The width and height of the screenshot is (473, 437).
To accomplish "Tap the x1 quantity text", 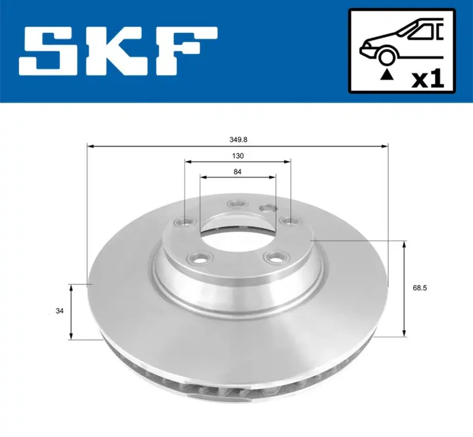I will [427, 80].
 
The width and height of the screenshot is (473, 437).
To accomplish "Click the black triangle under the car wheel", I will [387, 75].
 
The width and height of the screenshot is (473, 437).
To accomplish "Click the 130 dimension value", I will [238, 156].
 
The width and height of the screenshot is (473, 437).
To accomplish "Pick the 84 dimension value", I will [238, 172].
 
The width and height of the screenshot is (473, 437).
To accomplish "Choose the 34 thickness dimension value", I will [60, 312].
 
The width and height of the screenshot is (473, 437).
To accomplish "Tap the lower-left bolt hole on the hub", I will [197, 258].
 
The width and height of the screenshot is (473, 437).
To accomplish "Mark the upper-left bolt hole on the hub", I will [185, 221].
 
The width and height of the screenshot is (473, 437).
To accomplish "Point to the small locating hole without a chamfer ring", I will [267, 208].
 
